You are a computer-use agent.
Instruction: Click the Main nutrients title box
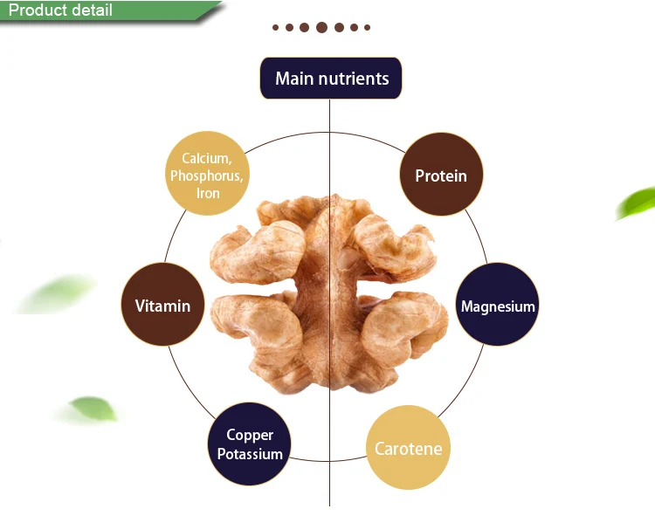pos(331,79)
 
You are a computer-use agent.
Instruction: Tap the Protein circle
pos(441,175)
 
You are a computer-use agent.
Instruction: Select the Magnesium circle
pos(498,306)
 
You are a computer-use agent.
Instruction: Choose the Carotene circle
pos(408,449)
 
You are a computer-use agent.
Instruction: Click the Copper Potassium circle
pos(250,444)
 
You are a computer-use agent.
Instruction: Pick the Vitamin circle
pos(162,306)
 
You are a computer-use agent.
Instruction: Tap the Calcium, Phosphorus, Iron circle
pos(207,175)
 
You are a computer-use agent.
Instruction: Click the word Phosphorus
pos(207,175)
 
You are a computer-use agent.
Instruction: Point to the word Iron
pos(208,193)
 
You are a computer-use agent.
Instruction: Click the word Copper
pos(250,435)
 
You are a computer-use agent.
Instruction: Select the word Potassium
pos(250,454)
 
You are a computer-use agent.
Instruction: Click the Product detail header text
pos(60,11)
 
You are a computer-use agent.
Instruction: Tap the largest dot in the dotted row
pos(321,27)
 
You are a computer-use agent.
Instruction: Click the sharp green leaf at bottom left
pos(91,409)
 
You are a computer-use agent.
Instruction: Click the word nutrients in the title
pos(355,79)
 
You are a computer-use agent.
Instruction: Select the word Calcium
pos(207,158)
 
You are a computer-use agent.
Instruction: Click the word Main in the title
pos(294,79)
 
